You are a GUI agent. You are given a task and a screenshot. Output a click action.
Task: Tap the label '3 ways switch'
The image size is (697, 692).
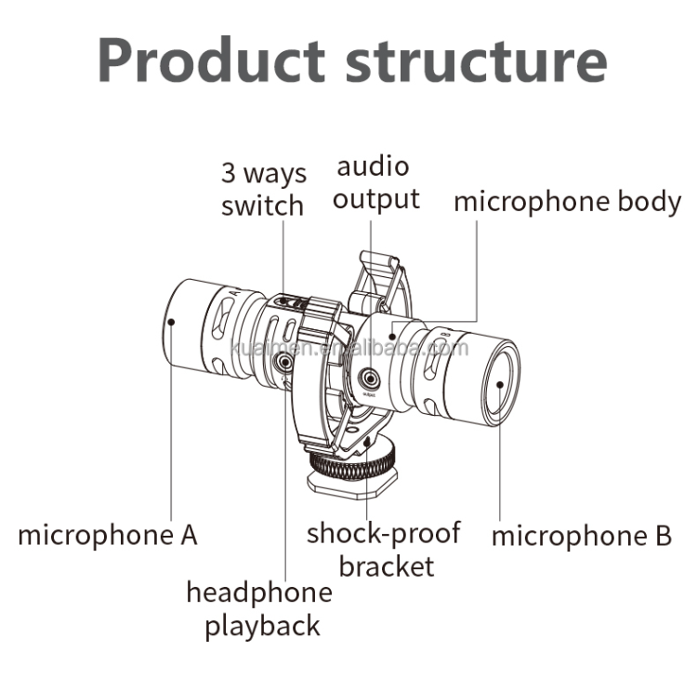click(262, 189)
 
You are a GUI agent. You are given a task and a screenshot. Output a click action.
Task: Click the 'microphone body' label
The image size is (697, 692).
click(567, 202)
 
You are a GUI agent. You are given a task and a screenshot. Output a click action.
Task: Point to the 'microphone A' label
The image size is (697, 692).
click(108, 535)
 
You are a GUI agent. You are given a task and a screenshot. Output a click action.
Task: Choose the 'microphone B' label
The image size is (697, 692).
click(581, 536)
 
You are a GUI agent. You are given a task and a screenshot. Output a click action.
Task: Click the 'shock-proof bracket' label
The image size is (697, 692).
click(385, 549)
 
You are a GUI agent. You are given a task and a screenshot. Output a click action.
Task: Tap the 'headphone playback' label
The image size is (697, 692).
click(259, 608)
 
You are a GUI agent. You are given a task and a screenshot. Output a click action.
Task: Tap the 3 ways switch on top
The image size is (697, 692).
click(295, 303)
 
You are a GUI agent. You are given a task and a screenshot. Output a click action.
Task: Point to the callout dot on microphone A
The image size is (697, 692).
click(172, 322)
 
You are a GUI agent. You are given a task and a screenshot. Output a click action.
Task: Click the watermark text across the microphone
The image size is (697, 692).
click(349, 349)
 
